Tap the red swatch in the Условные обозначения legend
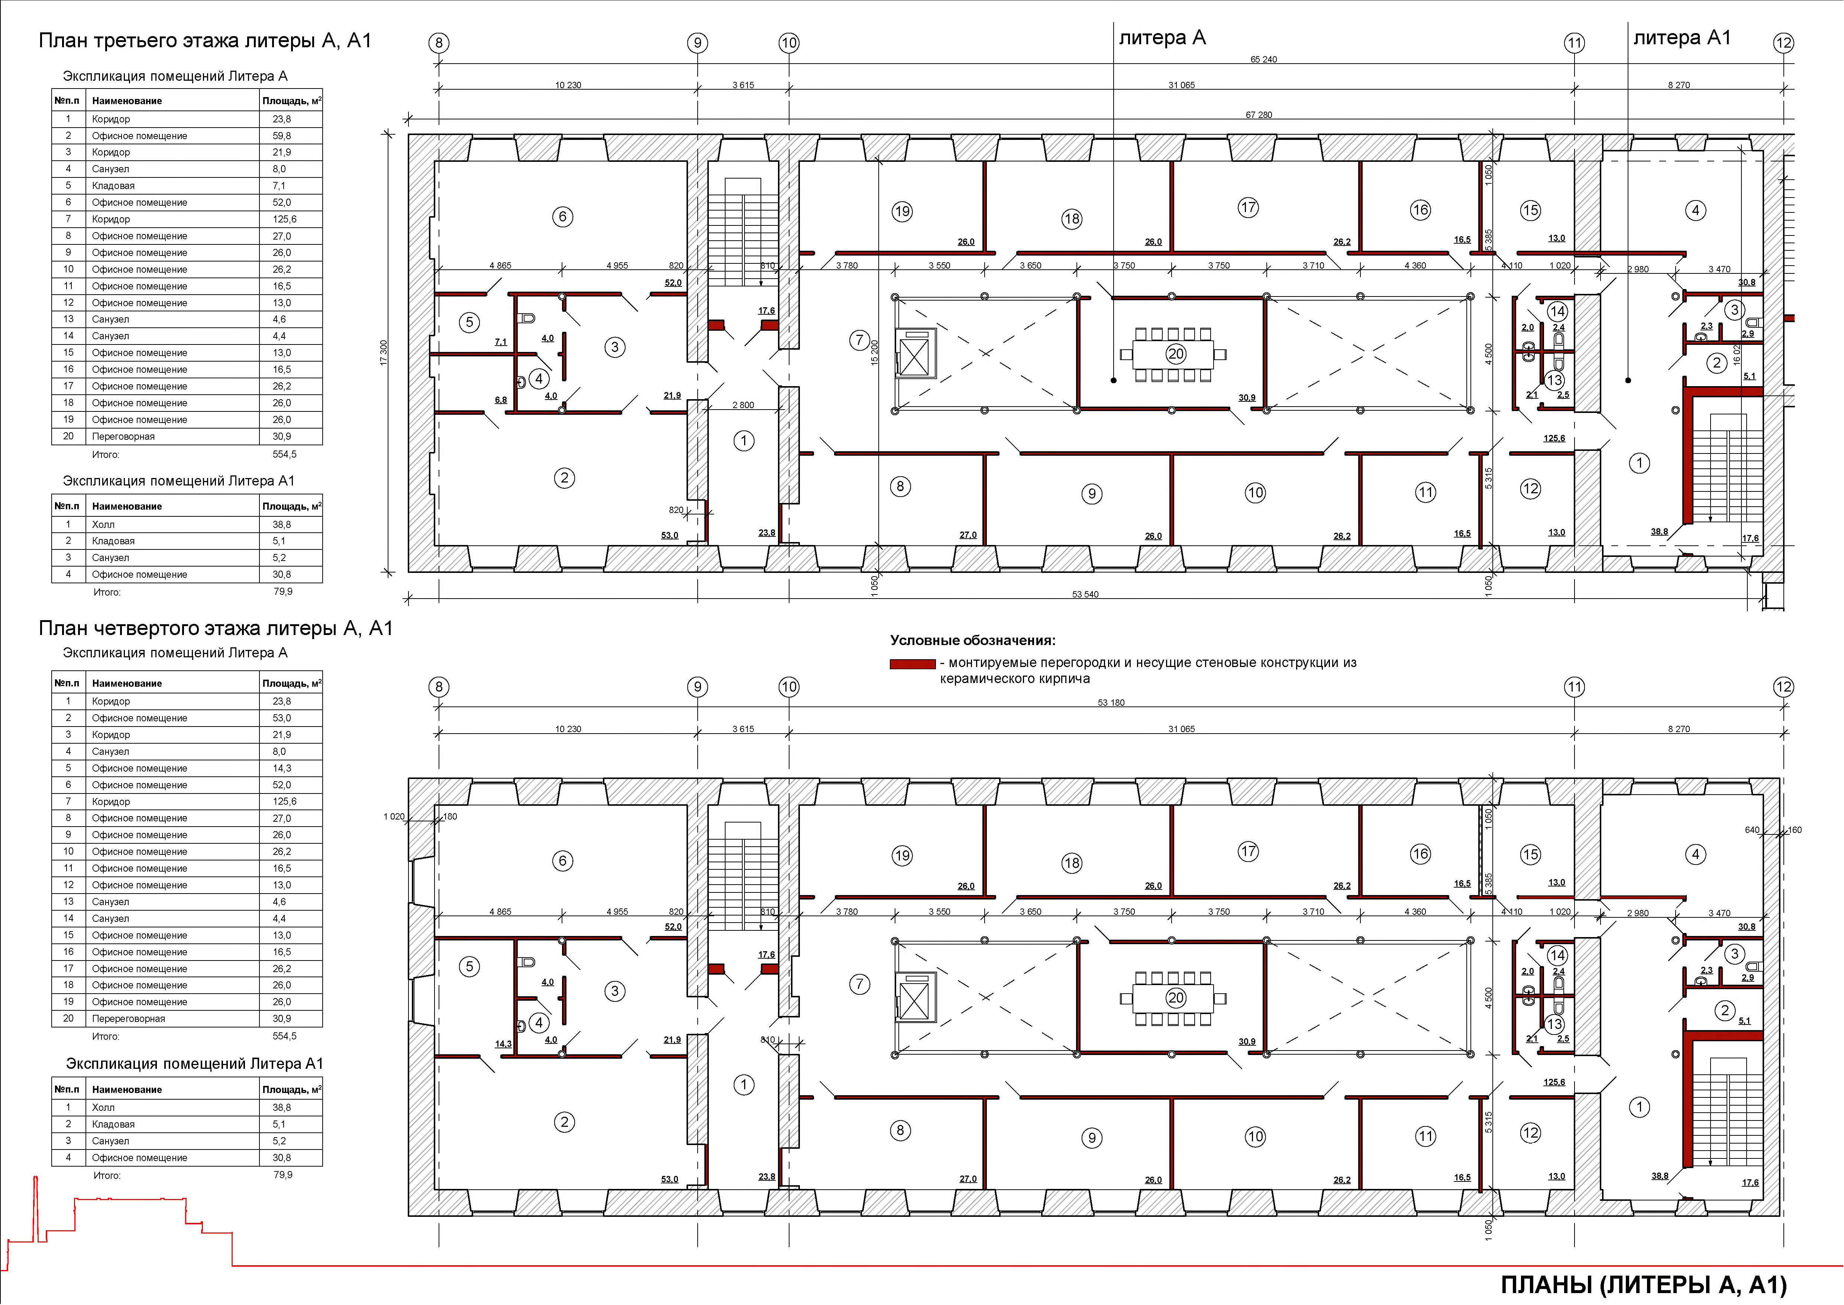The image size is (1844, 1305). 913,664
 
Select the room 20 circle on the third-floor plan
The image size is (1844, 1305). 1176,353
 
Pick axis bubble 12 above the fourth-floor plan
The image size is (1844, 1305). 1783,687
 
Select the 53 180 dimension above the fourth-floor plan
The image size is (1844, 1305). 1111,702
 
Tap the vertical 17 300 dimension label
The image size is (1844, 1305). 383,353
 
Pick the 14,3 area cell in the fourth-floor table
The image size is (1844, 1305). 282,768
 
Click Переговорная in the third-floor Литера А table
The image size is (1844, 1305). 124,436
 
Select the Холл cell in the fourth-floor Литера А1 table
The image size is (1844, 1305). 104,1107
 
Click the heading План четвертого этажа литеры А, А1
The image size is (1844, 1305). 215,628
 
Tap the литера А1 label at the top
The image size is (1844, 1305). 1682,38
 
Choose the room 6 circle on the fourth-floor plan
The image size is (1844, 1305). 562,860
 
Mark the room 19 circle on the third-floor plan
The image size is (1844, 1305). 902,211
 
